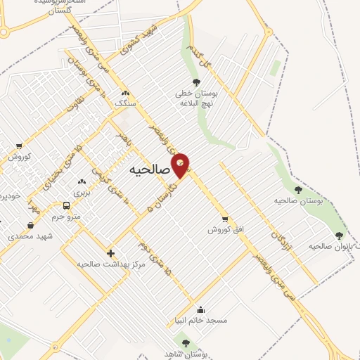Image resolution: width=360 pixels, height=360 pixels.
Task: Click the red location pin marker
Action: [x=181, y=165]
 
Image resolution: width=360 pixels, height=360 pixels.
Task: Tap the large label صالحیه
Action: [x=150, y=170]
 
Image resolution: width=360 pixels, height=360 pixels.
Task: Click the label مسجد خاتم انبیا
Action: [x=201, y=320]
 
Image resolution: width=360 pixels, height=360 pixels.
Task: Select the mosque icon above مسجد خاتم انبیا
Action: [x=201, y=309]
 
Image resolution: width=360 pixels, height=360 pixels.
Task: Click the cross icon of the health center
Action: [x=110, y=253]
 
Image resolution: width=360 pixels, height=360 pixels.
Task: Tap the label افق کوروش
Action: [x=224, y=229]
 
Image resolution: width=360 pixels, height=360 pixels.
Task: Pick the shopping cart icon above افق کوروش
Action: [x=224, y=219]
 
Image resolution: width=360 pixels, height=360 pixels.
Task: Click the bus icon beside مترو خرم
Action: [x=66, y=205]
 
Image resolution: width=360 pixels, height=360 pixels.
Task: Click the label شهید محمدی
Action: [x=26, y=236]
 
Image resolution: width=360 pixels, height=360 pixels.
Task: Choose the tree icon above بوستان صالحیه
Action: [x=298, y=190]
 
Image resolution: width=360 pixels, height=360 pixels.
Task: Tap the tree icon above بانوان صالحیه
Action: [x=340, y=236]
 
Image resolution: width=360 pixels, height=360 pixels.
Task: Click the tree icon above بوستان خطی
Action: [x=196, y=83]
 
